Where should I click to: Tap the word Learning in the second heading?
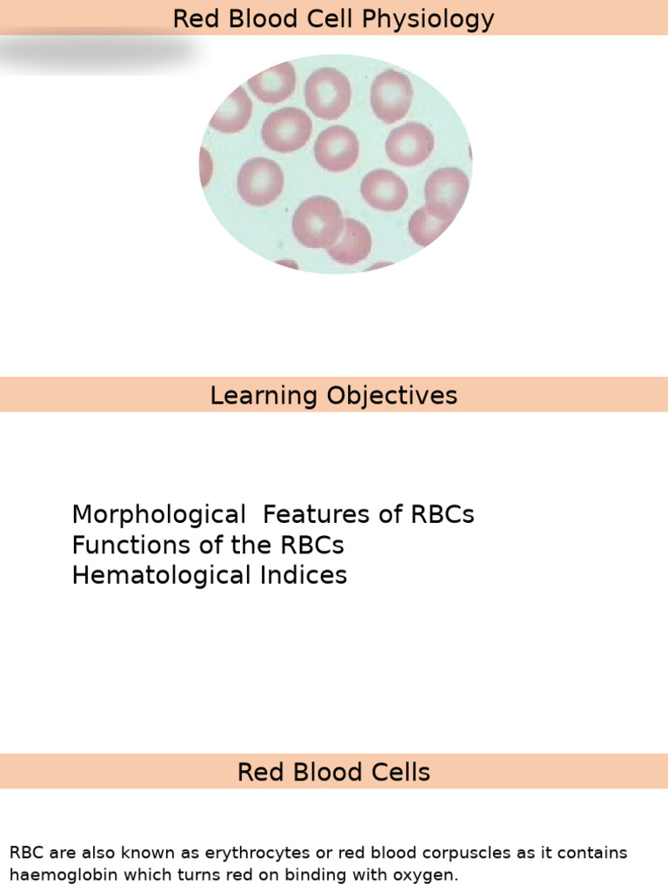(x=264, y=396)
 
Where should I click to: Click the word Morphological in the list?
(x=159, y=515)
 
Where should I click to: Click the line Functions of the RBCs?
(x=208, y=546)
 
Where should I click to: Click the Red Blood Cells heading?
(x=334, y=773)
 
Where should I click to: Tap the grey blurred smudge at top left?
(x=96, y=52)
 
